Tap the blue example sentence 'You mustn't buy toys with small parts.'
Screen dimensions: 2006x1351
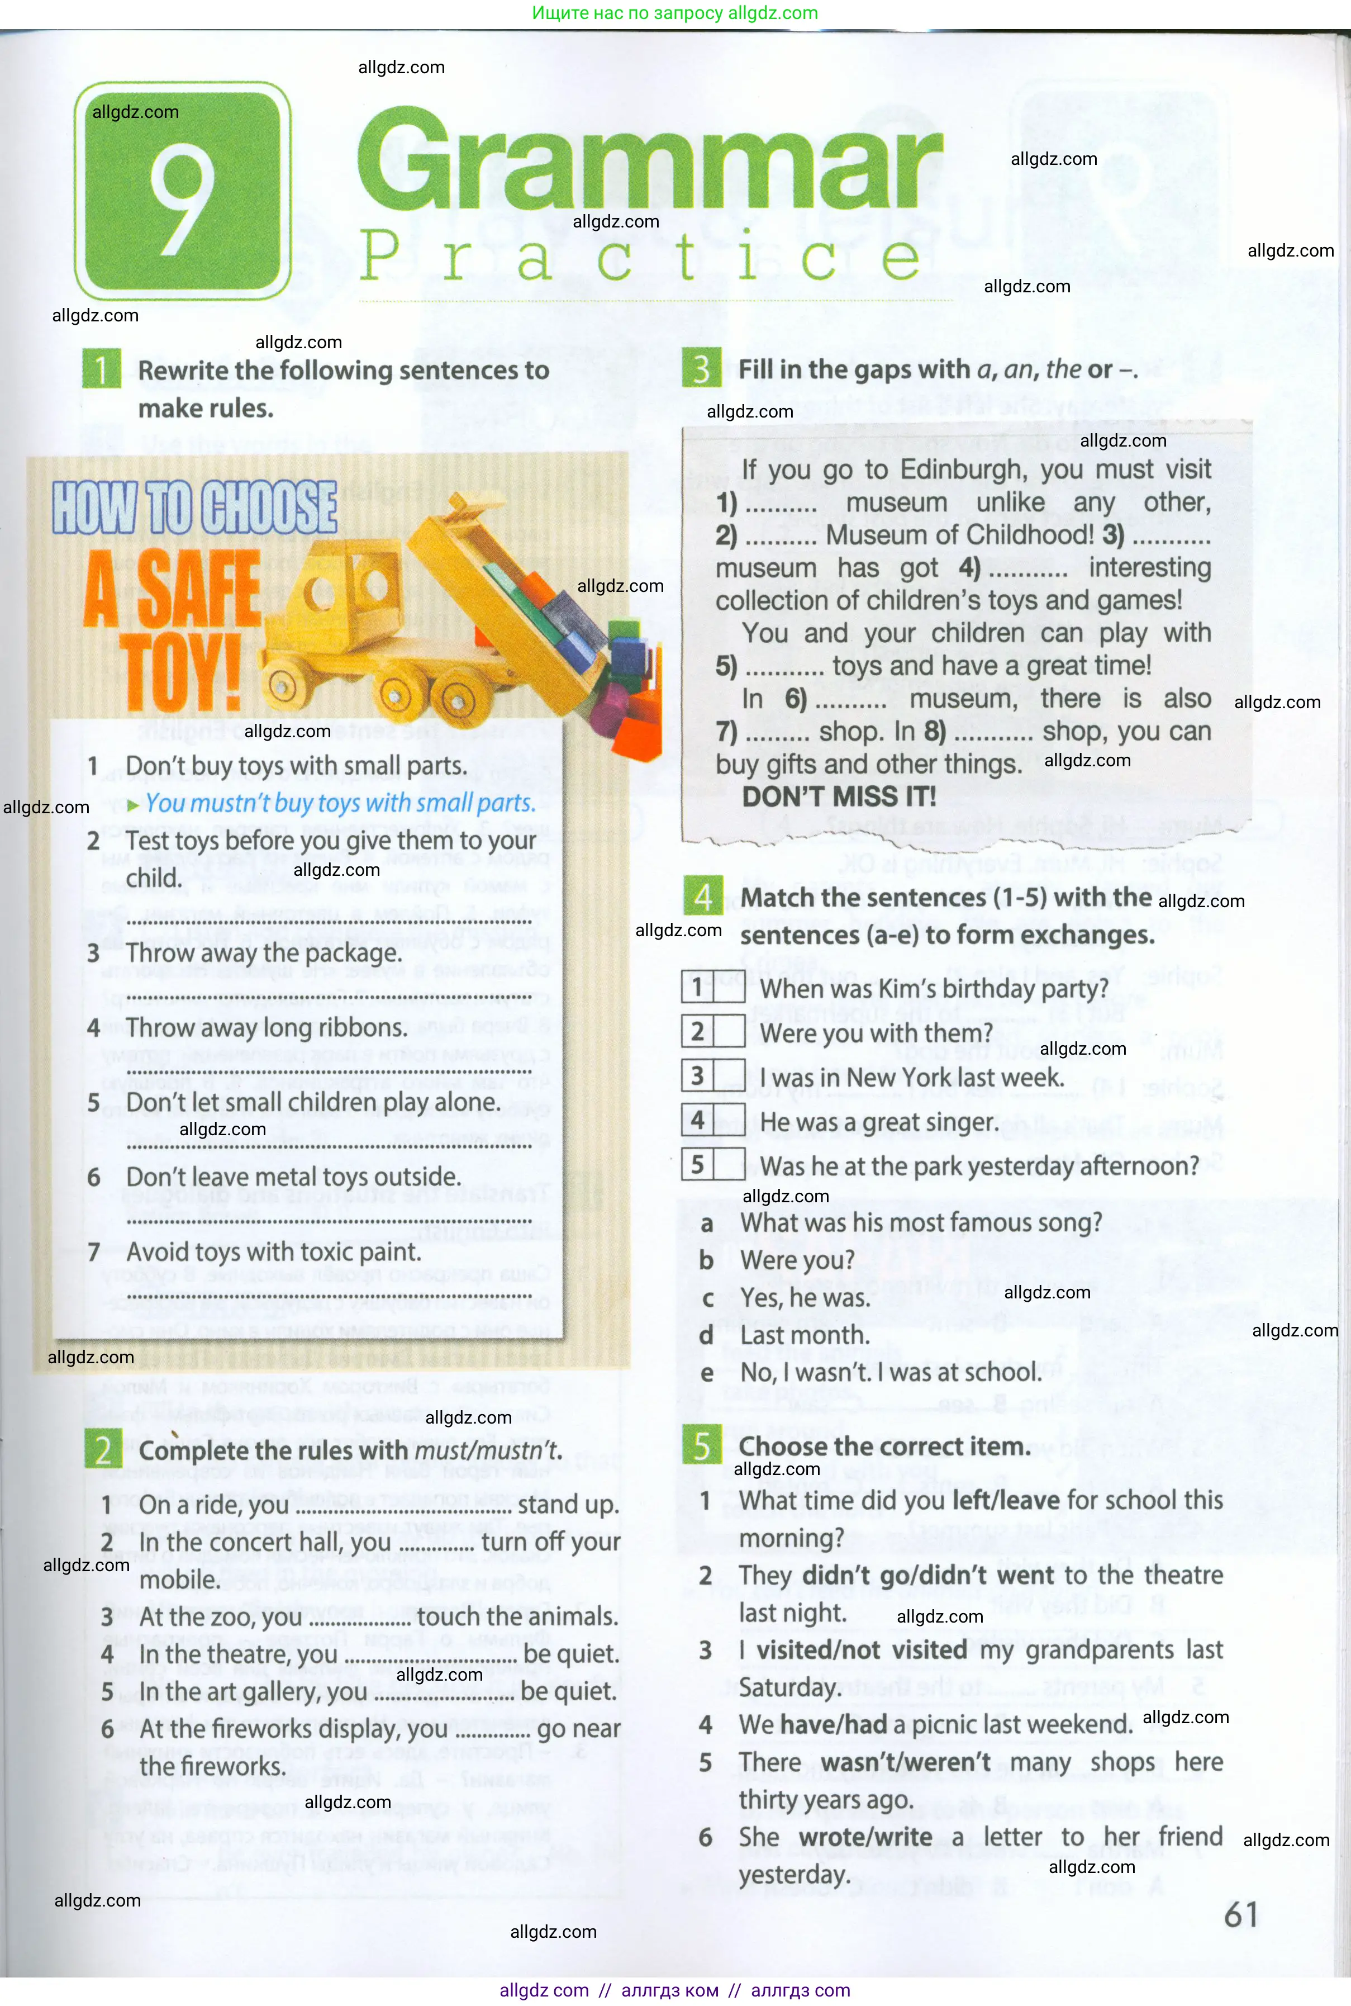click(x=340, y=803)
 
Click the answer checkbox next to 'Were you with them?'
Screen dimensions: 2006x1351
click(x=729, y=1031)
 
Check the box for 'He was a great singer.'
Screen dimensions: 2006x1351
click(x=729, y=1120)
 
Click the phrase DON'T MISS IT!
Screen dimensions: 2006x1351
click(x=838, y=796)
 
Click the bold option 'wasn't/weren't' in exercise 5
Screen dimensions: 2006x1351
click(x=905, y=1762)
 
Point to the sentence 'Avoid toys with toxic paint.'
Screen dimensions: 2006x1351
click(x=273, y=1252)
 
